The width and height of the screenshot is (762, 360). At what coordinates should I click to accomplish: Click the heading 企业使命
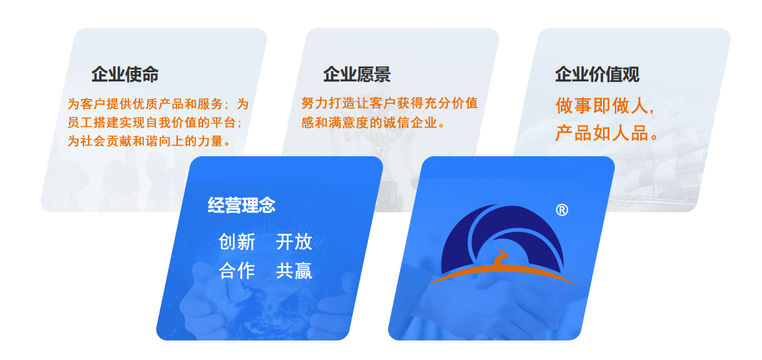pos(125,74)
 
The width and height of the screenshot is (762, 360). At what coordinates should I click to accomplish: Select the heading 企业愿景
pos(357,74)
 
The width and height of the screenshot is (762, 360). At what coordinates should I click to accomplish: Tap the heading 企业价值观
pos(597,74)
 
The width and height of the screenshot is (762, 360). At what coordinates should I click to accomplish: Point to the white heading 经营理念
pos(242,205)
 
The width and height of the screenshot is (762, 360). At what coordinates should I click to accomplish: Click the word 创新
pos(236,242)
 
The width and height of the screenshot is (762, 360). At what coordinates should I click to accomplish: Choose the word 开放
pos(294,242)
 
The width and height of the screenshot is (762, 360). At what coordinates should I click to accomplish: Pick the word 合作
pos(236,271)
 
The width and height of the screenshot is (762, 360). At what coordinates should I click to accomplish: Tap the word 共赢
pos(294,271)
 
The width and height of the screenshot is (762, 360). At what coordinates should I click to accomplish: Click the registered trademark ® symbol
pos(562,210)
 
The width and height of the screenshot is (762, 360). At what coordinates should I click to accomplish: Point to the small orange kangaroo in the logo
pos(500,257)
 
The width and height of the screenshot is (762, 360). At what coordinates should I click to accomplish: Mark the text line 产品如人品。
pos(607,133)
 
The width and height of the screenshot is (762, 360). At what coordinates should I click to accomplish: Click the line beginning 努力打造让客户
pos(389,103)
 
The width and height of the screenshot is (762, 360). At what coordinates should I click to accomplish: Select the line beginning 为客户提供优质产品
pos(158,104)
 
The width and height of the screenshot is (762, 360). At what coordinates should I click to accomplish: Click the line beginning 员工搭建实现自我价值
pos(154,122)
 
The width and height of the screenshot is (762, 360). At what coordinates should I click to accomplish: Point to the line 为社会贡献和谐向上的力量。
pos(148,141)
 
